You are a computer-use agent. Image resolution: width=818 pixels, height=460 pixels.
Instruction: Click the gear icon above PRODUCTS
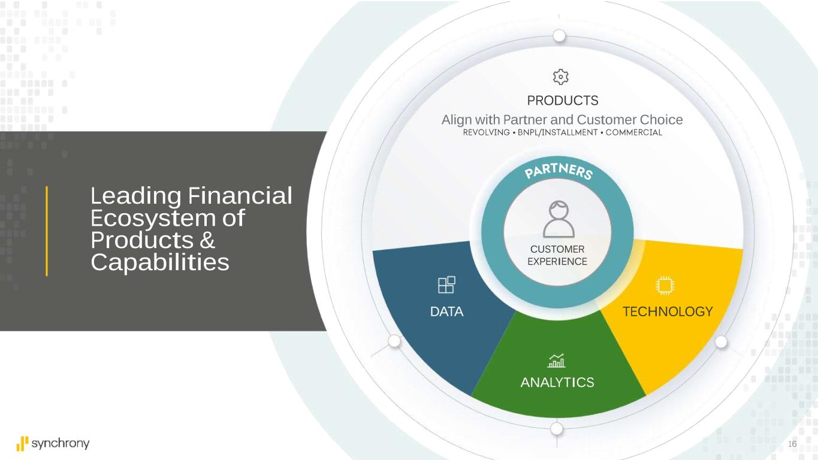(x=560, y=77)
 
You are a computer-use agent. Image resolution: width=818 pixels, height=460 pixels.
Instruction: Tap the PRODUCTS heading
(x=562, y=101)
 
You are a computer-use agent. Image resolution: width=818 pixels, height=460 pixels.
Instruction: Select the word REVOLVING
(x=486, y=132)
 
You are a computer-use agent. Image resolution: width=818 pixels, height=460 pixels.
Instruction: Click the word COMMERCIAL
(x=633, y=132)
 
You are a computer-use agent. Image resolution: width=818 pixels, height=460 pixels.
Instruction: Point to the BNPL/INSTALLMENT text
(x=558, y=132)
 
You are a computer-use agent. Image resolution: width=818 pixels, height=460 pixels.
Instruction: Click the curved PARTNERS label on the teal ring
(x=559, y=171)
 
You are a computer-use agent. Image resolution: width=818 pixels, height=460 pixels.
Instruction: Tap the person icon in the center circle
(x=559, y=219)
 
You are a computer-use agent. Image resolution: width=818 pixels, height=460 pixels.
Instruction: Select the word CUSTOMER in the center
(x=557, y=249)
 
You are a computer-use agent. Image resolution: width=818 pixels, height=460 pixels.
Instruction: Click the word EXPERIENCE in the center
(x=557, y=262)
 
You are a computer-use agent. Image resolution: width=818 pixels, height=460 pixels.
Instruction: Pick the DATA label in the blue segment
(x=446, y=312)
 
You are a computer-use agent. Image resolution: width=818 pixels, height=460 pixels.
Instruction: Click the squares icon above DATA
(x=446, y=285)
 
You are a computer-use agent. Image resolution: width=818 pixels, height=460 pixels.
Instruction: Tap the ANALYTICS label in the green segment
(x=557, y=383)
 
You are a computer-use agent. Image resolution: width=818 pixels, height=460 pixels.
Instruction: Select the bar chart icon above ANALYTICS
(x=556, y=361)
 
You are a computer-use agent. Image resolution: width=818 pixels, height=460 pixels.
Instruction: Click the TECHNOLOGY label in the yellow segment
(x=668, y=312)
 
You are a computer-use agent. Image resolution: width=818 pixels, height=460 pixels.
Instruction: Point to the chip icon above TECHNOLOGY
(x=665, y=286)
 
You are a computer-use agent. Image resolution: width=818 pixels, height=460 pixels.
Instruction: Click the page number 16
(x=792, y=444)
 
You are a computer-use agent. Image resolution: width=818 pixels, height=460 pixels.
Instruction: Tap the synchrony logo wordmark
(x=61, y=444)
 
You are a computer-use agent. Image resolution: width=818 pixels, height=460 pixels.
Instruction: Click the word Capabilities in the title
(x=160, y=262)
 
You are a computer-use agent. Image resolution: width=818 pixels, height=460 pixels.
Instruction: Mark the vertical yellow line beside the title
(x=47, y=231)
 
